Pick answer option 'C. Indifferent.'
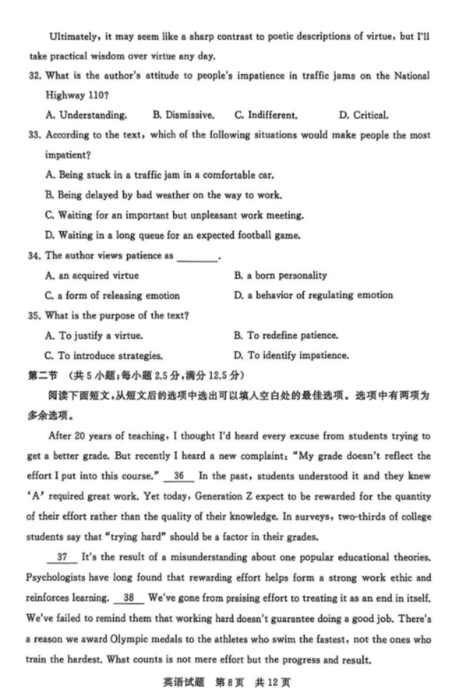pos(266,115)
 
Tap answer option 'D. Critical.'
pos(363,115)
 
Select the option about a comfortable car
pos(159,174)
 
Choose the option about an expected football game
pos(172,235)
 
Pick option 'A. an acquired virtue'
pos(92,275)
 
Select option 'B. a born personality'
pos(281,275)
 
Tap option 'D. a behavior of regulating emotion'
pos(313,295)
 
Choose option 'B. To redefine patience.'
pos(286,336)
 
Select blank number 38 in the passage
pos(129,598)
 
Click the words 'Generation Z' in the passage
pos(225,496)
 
